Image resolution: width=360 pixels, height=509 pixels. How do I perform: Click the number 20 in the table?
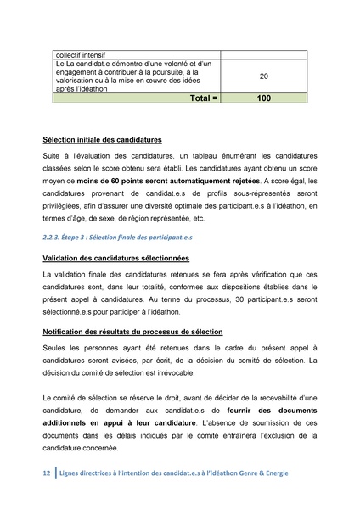point(264,76)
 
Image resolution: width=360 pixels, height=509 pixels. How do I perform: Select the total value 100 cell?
point(264,98)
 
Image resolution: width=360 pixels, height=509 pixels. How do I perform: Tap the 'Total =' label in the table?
point(196,98)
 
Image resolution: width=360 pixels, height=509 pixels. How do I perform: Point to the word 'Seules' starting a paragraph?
point(56,349)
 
